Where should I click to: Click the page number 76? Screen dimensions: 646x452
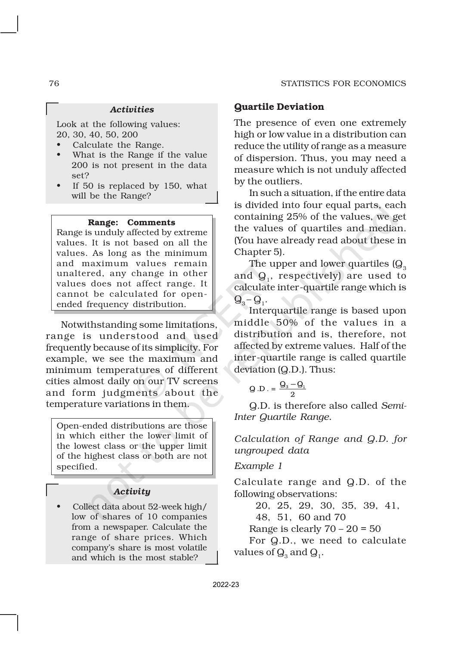click(x=54, y=84)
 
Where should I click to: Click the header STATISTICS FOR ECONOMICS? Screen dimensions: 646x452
click(x=343, y=84)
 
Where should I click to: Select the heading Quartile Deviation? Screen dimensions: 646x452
click(x=279, y=107)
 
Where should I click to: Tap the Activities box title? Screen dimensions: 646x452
click(x=132, y=110)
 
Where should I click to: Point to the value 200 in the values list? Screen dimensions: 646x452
click(x=130, y=134)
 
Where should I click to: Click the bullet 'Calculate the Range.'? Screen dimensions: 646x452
click(x=118, y=145)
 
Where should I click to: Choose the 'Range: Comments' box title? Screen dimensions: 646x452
click(x=131, y=223)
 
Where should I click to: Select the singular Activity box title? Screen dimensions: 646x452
click(x=132, y=492)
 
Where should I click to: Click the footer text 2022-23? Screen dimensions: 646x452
click(x=226, y=585)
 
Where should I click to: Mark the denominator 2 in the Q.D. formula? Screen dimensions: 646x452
click(x=292, y=394)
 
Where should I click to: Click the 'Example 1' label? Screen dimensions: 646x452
click(x=258, y=466)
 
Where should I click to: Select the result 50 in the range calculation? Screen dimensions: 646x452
click(x=375, y=529)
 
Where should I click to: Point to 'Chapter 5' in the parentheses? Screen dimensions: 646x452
click(x=257, y=252)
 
